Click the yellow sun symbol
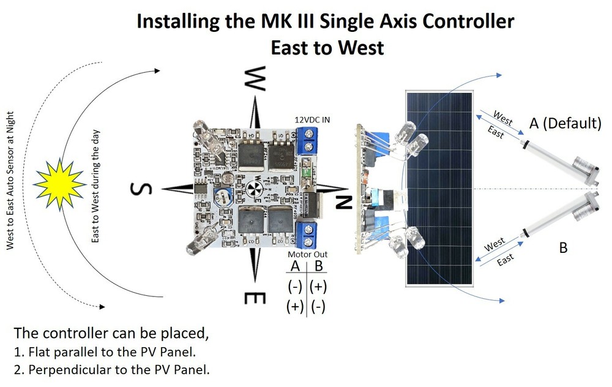(59, 183)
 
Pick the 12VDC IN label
(312, 119)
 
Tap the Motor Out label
(307, 254)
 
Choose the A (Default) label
(565, 123)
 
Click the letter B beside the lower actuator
(564, 248)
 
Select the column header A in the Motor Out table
(296, 267)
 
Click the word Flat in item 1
(40, 353)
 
